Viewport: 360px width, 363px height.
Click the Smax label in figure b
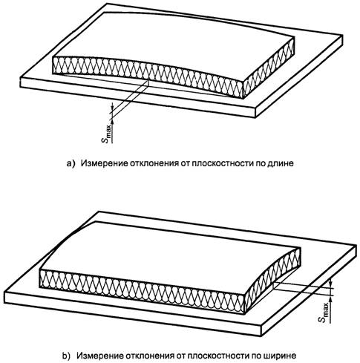[x=324, y=313]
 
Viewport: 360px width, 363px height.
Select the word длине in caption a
[x=281, y=163]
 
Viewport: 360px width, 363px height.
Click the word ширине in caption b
[x=281, y=356]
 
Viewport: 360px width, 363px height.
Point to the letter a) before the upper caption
[x=71, y=163]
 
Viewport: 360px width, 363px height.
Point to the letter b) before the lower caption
[x=66, y=356]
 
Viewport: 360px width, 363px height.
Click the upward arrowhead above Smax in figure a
[x=114, y=121]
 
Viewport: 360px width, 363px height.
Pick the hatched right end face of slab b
[x=273, y=280]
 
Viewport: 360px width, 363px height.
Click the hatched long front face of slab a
[x=148, y=74]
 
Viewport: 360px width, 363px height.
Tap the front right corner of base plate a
[x=255, y=118]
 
